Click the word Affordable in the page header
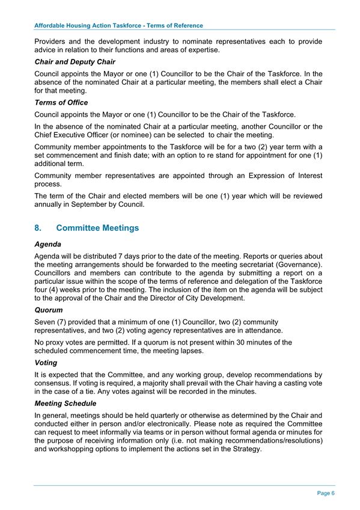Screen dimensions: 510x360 [52, 26]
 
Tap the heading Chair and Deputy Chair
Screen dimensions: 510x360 [75, 61]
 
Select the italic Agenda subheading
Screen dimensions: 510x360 [50, 245]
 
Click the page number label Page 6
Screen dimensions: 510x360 [326, 493]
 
